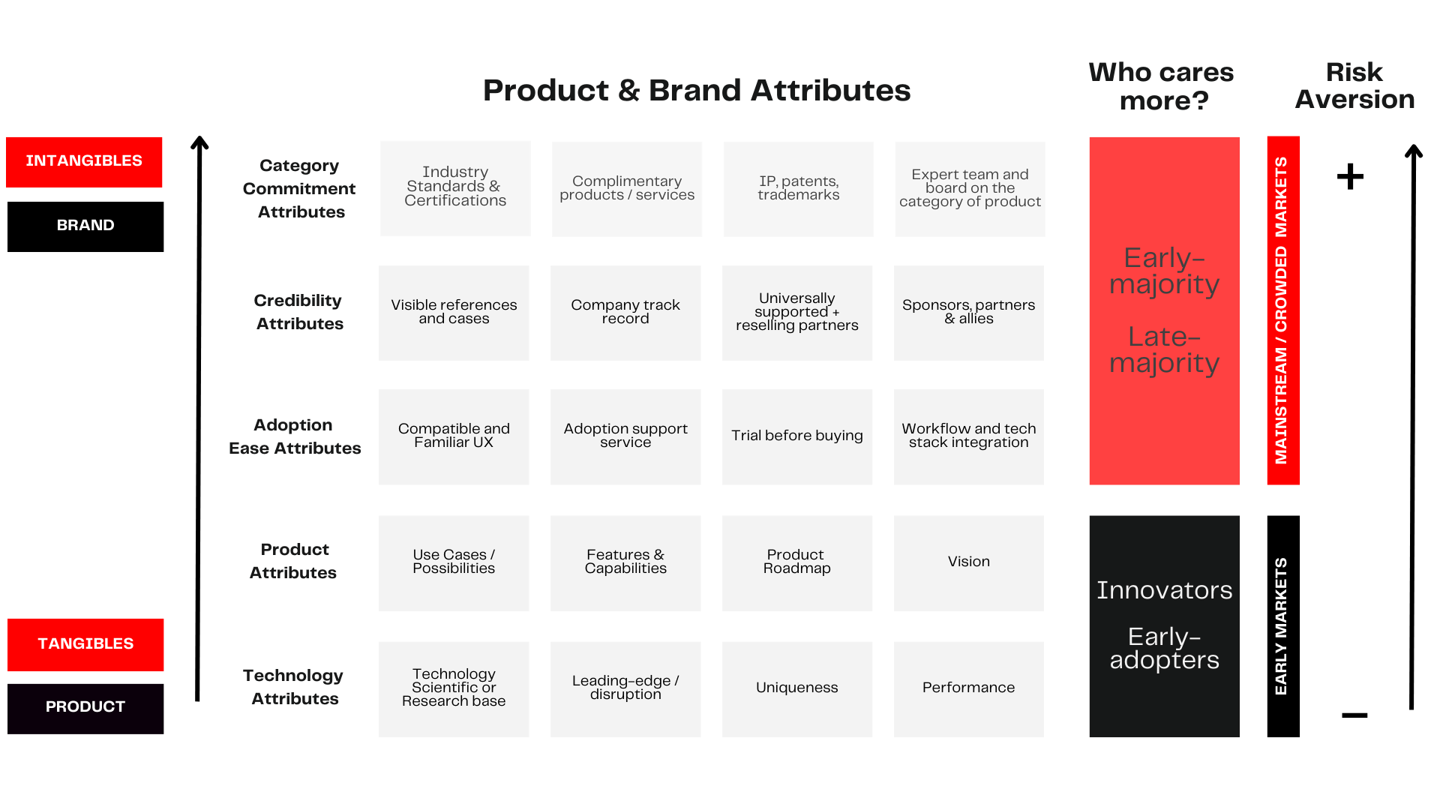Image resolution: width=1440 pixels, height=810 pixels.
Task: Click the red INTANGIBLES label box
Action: [x=84, y=162]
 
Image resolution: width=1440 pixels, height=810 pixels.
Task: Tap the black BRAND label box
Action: [x=85, y=226]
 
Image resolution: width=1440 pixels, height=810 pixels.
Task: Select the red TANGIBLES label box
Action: [x=85, y=644]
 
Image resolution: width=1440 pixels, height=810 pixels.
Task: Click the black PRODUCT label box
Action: [x=85, y=708]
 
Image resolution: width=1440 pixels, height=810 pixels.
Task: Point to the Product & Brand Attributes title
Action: [x=696, y=91]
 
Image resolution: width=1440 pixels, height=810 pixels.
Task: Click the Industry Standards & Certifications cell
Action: [x=455, y=188]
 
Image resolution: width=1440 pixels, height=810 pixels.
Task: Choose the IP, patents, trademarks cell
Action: [x=798, y=189]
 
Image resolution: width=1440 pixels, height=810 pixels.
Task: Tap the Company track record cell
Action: [x=625, y=313]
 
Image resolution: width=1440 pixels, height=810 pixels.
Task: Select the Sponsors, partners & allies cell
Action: [x=968, y=313]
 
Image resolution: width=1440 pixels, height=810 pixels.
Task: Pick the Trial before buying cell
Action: [x=797, y=436]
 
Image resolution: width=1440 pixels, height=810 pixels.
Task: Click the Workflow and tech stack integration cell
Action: [x=968, y=436]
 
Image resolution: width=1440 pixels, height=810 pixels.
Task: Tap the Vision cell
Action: [x=968, y=562]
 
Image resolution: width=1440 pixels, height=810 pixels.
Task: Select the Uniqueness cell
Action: [x=797, y=688]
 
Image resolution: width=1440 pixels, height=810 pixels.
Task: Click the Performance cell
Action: [x=968, y=688]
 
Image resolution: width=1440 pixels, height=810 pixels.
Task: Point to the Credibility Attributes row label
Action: [x=298, y=312]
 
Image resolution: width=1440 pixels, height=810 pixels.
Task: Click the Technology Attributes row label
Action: [x=294, y=687]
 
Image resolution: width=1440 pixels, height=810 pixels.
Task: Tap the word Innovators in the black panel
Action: [x=1164, y=590]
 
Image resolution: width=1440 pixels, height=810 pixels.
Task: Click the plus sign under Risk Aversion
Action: [x=1350, y=177]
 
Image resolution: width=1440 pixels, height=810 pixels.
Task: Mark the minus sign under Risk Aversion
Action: [x=1354, y=715]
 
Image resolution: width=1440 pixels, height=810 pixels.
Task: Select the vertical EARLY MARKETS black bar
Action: [x=1282, y=625]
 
